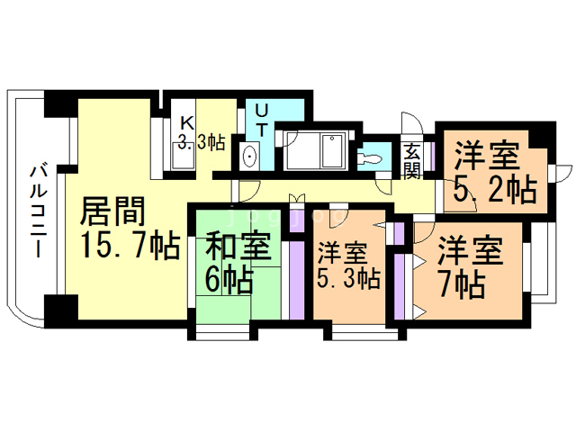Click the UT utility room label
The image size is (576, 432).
pos(260,120)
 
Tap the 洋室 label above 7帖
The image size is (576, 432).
pos(470,247)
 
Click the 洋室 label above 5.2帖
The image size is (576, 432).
pos(486,156)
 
